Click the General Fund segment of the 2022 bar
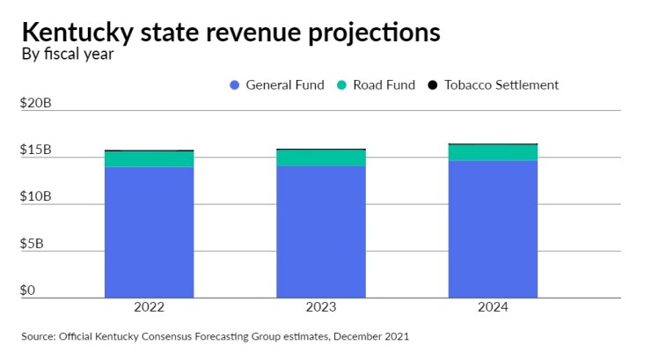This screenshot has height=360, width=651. pyautogui.click(x=149, y=232)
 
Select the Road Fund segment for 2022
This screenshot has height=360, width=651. pyautogui.click(x=149, y=159)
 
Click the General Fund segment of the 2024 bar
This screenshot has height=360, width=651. pyautogui.click(x=493, y=229)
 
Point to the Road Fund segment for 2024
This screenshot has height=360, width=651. pyautogui.click(x=493, y=152)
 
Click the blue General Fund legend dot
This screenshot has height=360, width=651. pyautogui.click(x=234, y=85)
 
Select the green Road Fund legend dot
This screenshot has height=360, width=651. pyautogui.click(x=341, y=85)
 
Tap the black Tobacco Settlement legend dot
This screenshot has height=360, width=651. pyautogui.click(x=433, y=85)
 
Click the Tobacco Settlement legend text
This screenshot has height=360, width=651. pyautogui.click(x=501, y=85)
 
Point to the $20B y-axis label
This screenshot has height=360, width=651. pyautogui.click(x=36, y=103)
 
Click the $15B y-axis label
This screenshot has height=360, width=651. pyautogui.click(x=36, y=151)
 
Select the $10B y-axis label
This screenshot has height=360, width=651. pyautogui.click(x=36, y=197)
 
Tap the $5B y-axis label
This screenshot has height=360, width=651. pyautogui.click(x=33, y=244)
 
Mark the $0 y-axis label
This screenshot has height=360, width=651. pyautogui.click(x=28, y=290)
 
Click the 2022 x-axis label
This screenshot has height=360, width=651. pyautogui.click(x=149, y=308)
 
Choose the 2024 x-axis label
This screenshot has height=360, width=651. pyautogui.click(x=493, y=308)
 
